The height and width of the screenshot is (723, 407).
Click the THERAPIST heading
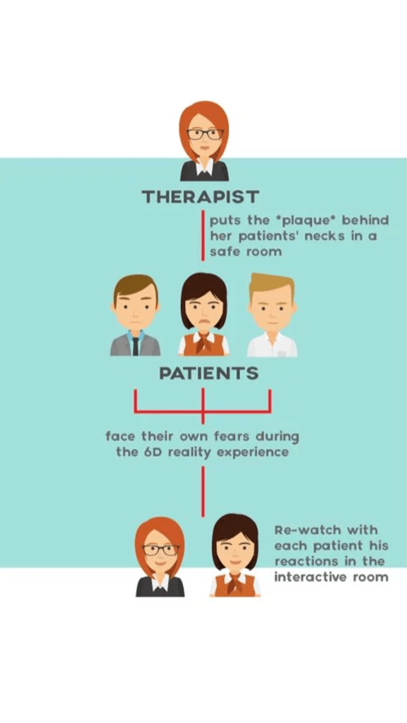click(x=200, y=197)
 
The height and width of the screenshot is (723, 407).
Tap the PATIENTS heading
click(x=208, y=373)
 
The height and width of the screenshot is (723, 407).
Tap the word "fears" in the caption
click(x=232, y=436)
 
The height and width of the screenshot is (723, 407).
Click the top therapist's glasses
click(x=205, y=134)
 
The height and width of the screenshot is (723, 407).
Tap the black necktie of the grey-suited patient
click(x=135, y=345)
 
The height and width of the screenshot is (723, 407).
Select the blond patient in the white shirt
click(x=272, y=315)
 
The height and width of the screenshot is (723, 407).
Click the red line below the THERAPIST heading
click(x=203, y=236)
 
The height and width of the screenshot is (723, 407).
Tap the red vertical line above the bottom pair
click(x=203, y=491)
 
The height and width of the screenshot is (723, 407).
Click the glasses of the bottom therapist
click(x=161, y=549)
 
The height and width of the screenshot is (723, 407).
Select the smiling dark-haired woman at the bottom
click(x=235, y=555)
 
